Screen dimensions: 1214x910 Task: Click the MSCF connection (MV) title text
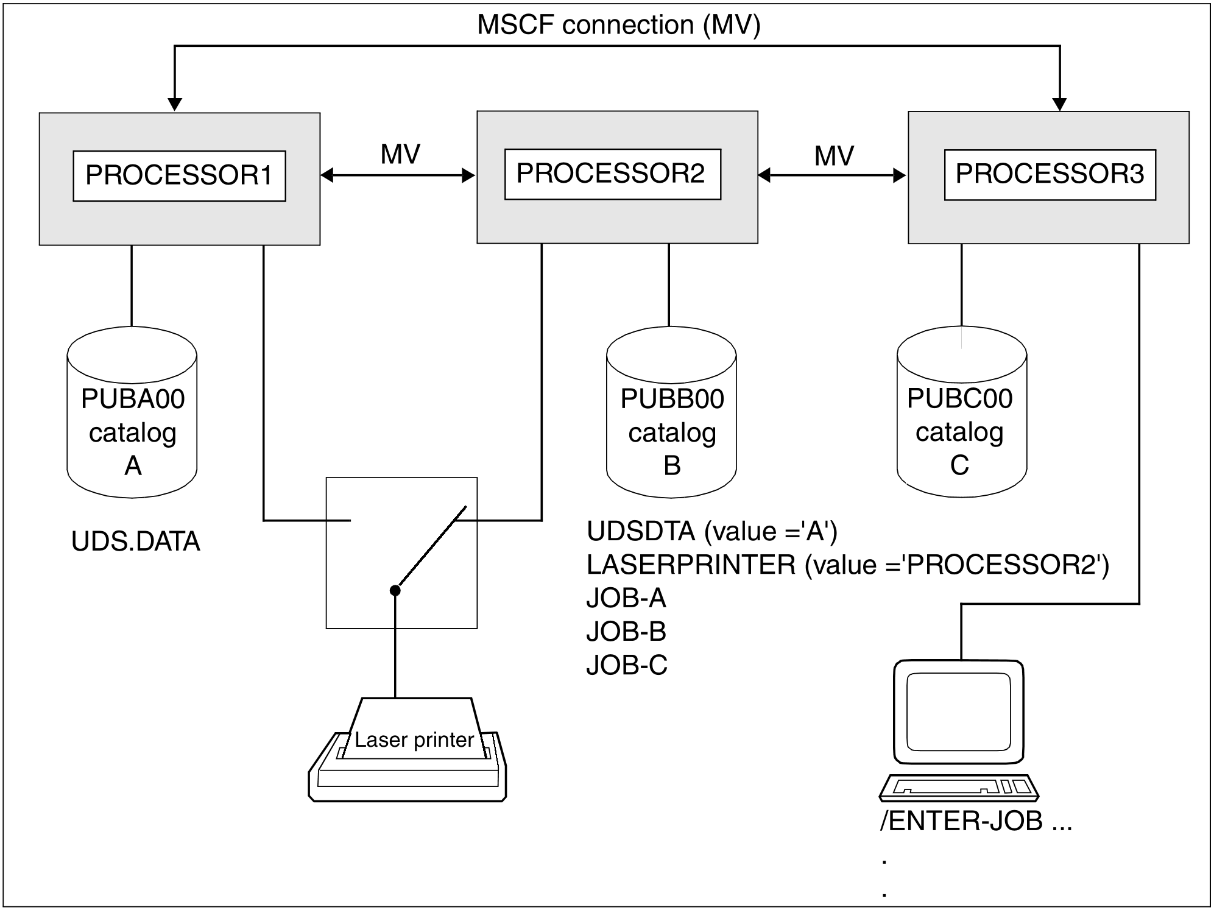(x=619, y=25)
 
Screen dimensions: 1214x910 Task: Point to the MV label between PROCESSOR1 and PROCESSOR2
(x=400, y=154)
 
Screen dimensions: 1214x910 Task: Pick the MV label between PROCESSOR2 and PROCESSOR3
(x=834, y=156)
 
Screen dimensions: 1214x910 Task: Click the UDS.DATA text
(x=136, y=541)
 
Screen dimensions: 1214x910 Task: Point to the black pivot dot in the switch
(x=395, y=590)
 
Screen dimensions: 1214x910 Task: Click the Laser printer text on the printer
(x=414, y=739)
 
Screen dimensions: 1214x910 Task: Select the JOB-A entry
(x=626, y=598)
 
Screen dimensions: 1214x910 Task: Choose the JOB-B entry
(x=626, y=632)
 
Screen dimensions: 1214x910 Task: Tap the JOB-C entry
(x=627, y=665)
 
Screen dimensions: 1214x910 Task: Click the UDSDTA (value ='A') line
(x=712, y=532)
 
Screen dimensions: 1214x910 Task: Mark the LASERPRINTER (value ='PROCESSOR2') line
(x=848, y=565)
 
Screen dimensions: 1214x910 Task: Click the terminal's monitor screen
(x=959, y=711)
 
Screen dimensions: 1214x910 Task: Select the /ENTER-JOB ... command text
(x=976, y=822)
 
